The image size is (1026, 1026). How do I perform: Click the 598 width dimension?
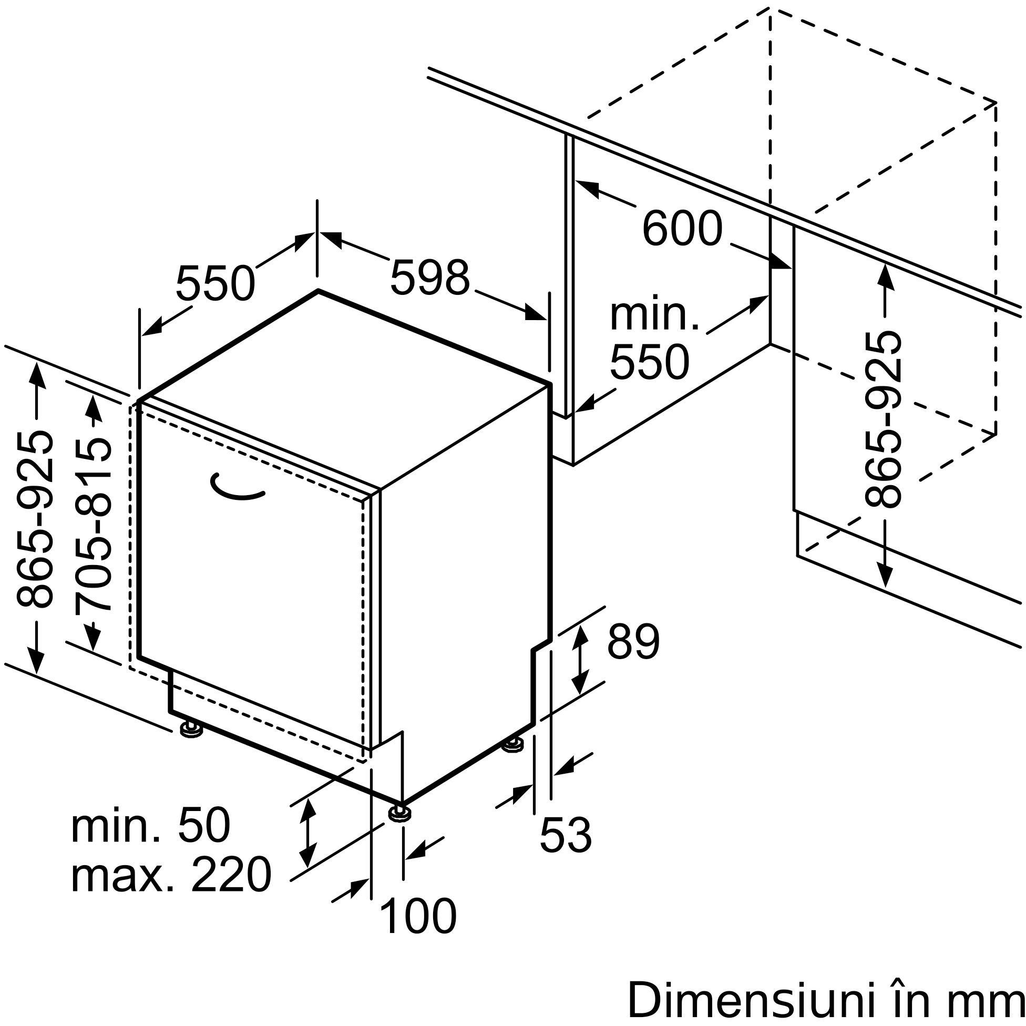429,277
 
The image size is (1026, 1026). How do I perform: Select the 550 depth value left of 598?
215,283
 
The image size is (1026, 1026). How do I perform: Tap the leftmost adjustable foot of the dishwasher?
191,728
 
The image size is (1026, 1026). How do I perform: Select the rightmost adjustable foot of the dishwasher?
514,745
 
